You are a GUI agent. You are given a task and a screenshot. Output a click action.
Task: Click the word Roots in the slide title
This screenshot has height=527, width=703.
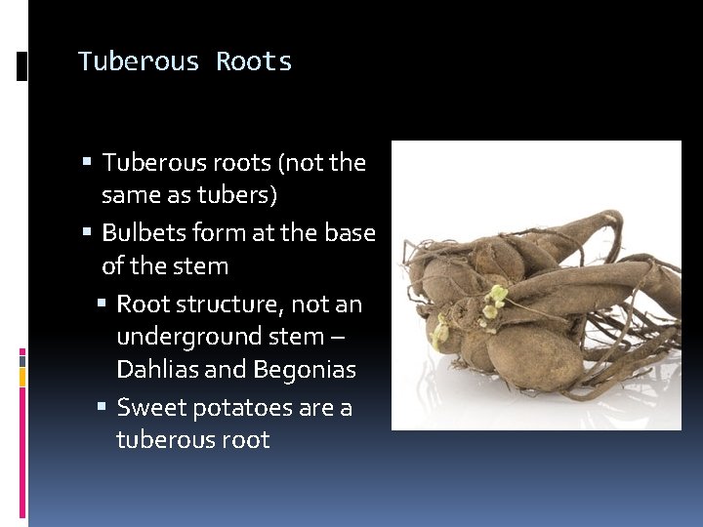pyautogui.click(x=254, y=61)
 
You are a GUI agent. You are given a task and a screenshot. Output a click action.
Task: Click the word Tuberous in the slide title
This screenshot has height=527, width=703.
pyautogui.click(x=139, y=61)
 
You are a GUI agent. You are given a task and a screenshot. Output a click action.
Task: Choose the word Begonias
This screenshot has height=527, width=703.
pyautogui.click(x=304, y=370)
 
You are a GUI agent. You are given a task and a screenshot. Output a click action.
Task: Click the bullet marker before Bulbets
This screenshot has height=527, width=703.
pyautogui.click(x=88, y=233)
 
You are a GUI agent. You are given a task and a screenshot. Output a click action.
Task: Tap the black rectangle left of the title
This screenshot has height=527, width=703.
pyautogui.click(x=22, y=65)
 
